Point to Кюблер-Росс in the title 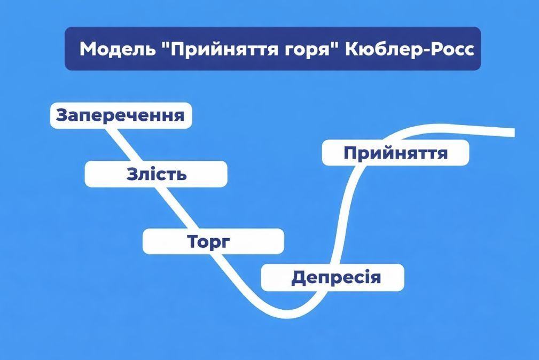(409, 49)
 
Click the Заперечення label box (121, 115)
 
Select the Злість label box (156, 174)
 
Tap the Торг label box (213, 241)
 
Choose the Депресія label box (332, 278)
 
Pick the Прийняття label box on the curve (395, 153)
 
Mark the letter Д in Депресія (298, 278)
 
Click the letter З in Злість (132, 174)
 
